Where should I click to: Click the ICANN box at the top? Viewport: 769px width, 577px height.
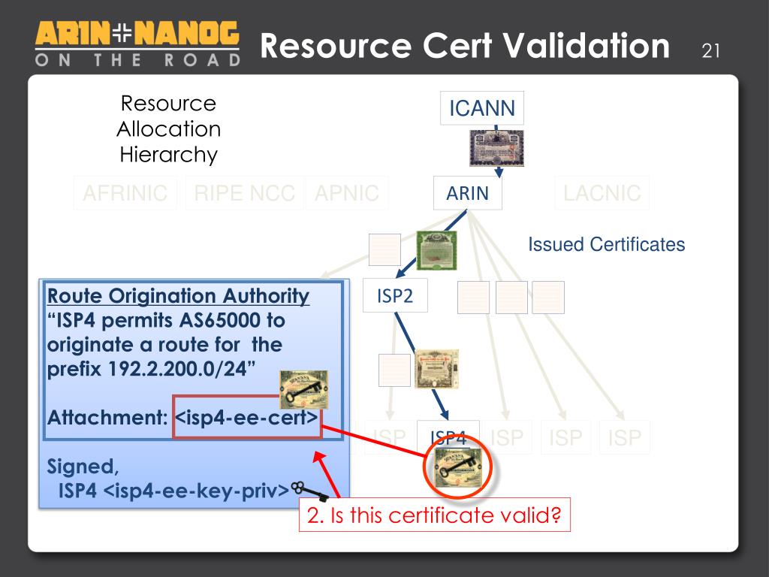[482, 108]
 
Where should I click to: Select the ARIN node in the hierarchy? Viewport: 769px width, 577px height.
[467, 193]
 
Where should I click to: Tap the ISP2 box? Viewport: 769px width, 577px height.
[395, 296]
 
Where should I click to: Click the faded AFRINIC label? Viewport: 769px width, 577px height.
[125, 193]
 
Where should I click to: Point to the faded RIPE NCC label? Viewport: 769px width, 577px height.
[244, 193]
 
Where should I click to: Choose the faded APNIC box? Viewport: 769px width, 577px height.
[347, 193]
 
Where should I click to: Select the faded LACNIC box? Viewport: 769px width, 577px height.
[602, 193]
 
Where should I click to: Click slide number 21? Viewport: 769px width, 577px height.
[710, 51]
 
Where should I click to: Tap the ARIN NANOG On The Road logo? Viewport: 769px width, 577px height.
[137, 44]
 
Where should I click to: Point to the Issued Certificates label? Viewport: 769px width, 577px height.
[607, 244]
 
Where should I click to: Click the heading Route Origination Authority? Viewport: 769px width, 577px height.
[178, 296]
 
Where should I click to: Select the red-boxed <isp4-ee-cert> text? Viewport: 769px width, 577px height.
[246, 417]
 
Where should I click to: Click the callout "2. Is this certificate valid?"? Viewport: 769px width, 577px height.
[435, 515]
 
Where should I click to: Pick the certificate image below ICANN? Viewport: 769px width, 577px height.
[496, 148]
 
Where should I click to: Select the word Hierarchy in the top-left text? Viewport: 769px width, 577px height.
[168, 155]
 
